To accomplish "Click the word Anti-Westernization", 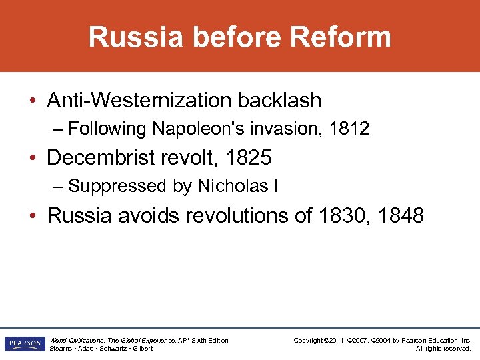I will pyautogui.click(x=133, y=101).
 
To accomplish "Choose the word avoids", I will pyautogui.click(x=145, y=216).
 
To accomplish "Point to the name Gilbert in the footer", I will pyautogui.click(x=142, y=349).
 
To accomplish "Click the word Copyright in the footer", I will pyautogui.click(x=309, y=341).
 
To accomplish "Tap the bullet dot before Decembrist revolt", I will pyautogui.click(x=33, y=159).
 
